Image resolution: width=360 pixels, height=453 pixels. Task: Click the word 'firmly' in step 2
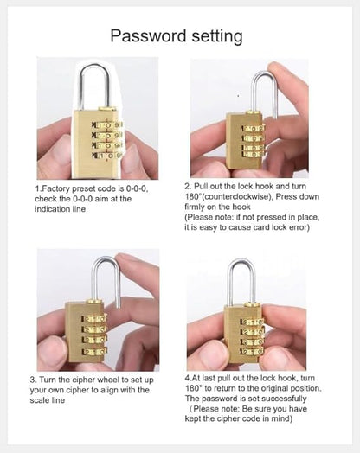point(198,207)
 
